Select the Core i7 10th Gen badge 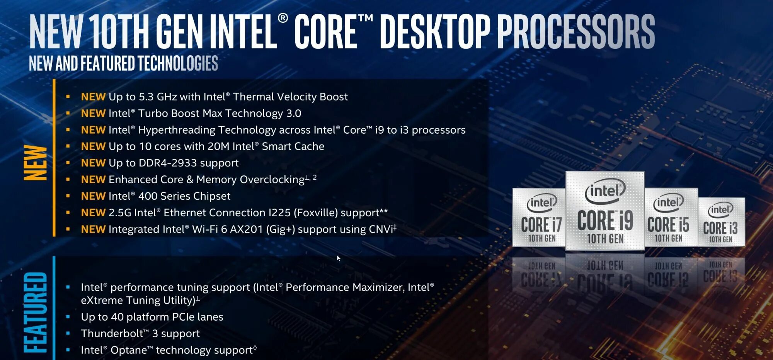539,217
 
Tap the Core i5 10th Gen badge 671,217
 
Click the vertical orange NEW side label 36,163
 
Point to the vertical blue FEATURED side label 36,313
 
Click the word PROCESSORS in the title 575,32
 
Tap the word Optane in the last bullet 129,350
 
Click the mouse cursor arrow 338,258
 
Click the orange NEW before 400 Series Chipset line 93,196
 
